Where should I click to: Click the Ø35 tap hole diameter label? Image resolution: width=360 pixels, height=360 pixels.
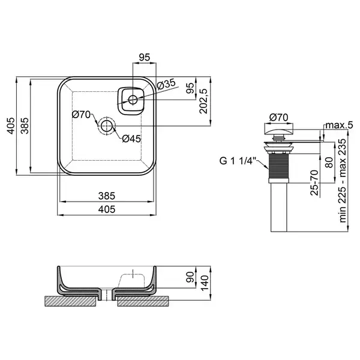pyautogui.click(x=166, y=84)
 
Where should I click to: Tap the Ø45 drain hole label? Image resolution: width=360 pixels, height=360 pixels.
pyautogui.click(x=131, y=139)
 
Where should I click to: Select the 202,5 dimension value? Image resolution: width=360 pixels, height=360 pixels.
pyautogui.click(x=203, y=101)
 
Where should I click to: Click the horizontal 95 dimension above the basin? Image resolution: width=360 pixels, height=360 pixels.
pyautogui.click(x=145, y=57)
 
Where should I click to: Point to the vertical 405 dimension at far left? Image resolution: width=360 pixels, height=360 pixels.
pyautogui.click(x=11, y=126)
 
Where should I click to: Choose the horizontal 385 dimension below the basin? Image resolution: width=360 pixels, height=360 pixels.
pyautogui.click(x=107, y=196)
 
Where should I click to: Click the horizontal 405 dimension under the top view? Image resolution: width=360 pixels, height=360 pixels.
pyautogui.click(x=107, y=209)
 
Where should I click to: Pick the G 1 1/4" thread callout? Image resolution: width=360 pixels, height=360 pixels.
pyautogui.click(x=236, y=161)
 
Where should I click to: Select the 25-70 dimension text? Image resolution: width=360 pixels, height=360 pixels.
pyautogui.click(x=314, y=182)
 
